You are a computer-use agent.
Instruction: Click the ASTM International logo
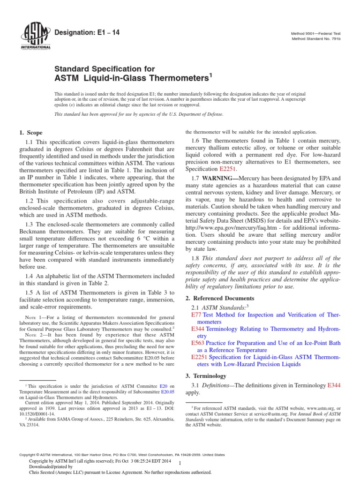tap(36, 36)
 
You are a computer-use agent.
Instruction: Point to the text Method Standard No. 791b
tap(313, 38)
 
